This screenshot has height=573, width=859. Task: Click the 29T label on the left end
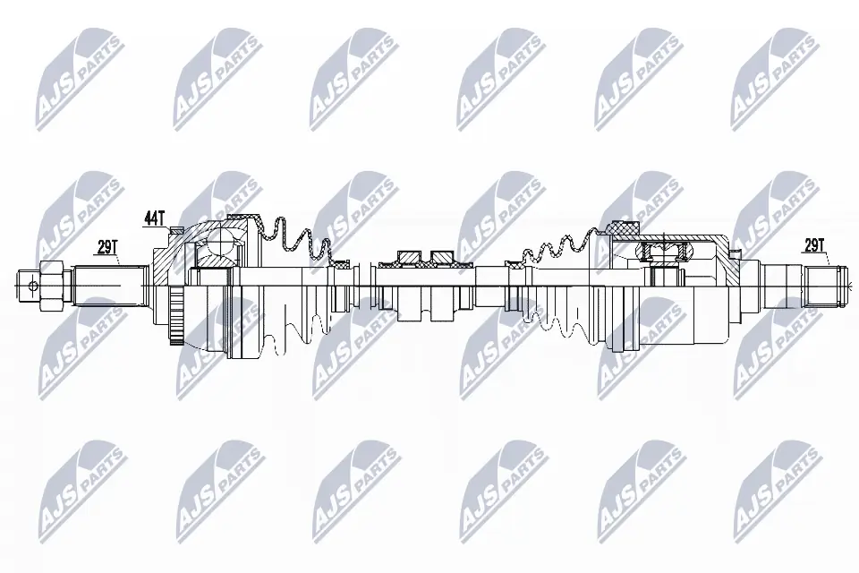click(x=108, y=247)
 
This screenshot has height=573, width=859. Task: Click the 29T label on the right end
click(x=813, y=244)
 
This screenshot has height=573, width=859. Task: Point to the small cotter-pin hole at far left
click(x=32, y=286)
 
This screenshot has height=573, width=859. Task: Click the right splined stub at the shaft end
click(x=821, y=286)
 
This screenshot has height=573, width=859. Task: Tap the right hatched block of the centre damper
click(x=442, y=258)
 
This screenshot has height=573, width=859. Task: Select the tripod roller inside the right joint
click(x=663, y=251)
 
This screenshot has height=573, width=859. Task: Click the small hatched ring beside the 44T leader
click(x=175, y=231)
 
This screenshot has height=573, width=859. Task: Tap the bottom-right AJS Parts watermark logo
click(x=775, y=489)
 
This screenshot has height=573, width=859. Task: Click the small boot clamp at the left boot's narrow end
click(x=340, y=265)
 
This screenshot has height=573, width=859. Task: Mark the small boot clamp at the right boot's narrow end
click(x=516, y=265)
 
